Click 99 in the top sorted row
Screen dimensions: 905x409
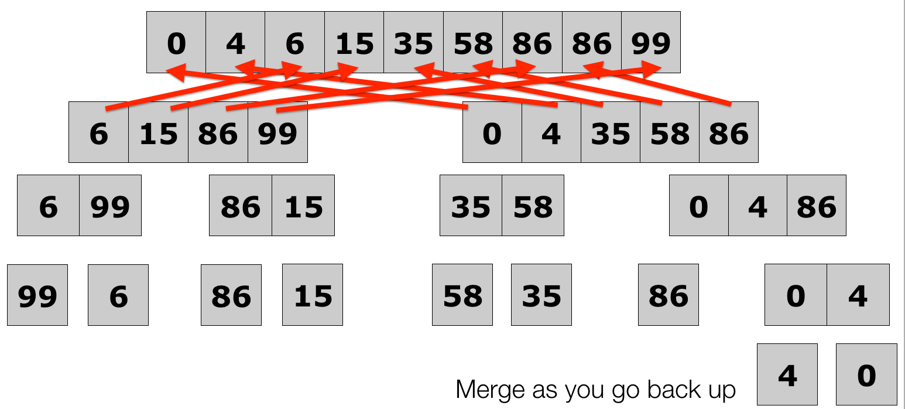(x=651, y=43)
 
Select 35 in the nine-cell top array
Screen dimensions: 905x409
(x=413, y=43)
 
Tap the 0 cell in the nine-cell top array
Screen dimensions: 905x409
(x=176, y=43)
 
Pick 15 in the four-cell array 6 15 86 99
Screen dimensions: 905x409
(x=158, y=133)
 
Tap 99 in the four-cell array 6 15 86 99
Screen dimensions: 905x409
(x=277, y=133)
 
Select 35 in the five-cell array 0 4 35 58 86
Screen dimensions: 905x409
(x=611, y=133)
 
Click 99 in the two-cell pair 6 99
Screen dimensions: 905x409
(x=110, y=206)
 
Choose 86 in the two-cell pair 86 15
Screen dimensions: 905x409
(x=241, y=206)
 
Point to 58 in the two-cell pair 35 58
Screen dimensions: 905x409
(x=533, y=206)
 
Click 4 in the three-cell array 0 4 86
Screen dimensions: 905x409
(x=757, y=206)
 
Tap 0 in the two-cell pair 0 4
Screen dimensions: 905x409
(x=796, y=295)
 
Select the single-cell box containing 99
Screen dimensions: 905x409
(x=37, y=295)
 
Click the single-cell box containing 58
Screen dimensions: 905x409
(x=462, y=295)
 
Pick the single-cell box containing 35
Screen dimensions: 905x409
(x=541, y=295)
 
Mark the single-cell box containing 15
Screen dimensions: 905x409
(x=313, y=295)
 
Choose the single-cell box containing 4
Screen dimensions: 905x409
(x=787, y=375)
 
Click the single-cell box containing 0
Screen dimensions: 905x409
(x=866, y=375)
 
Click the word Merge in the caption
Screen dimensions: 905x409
(x=485, y=390)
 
